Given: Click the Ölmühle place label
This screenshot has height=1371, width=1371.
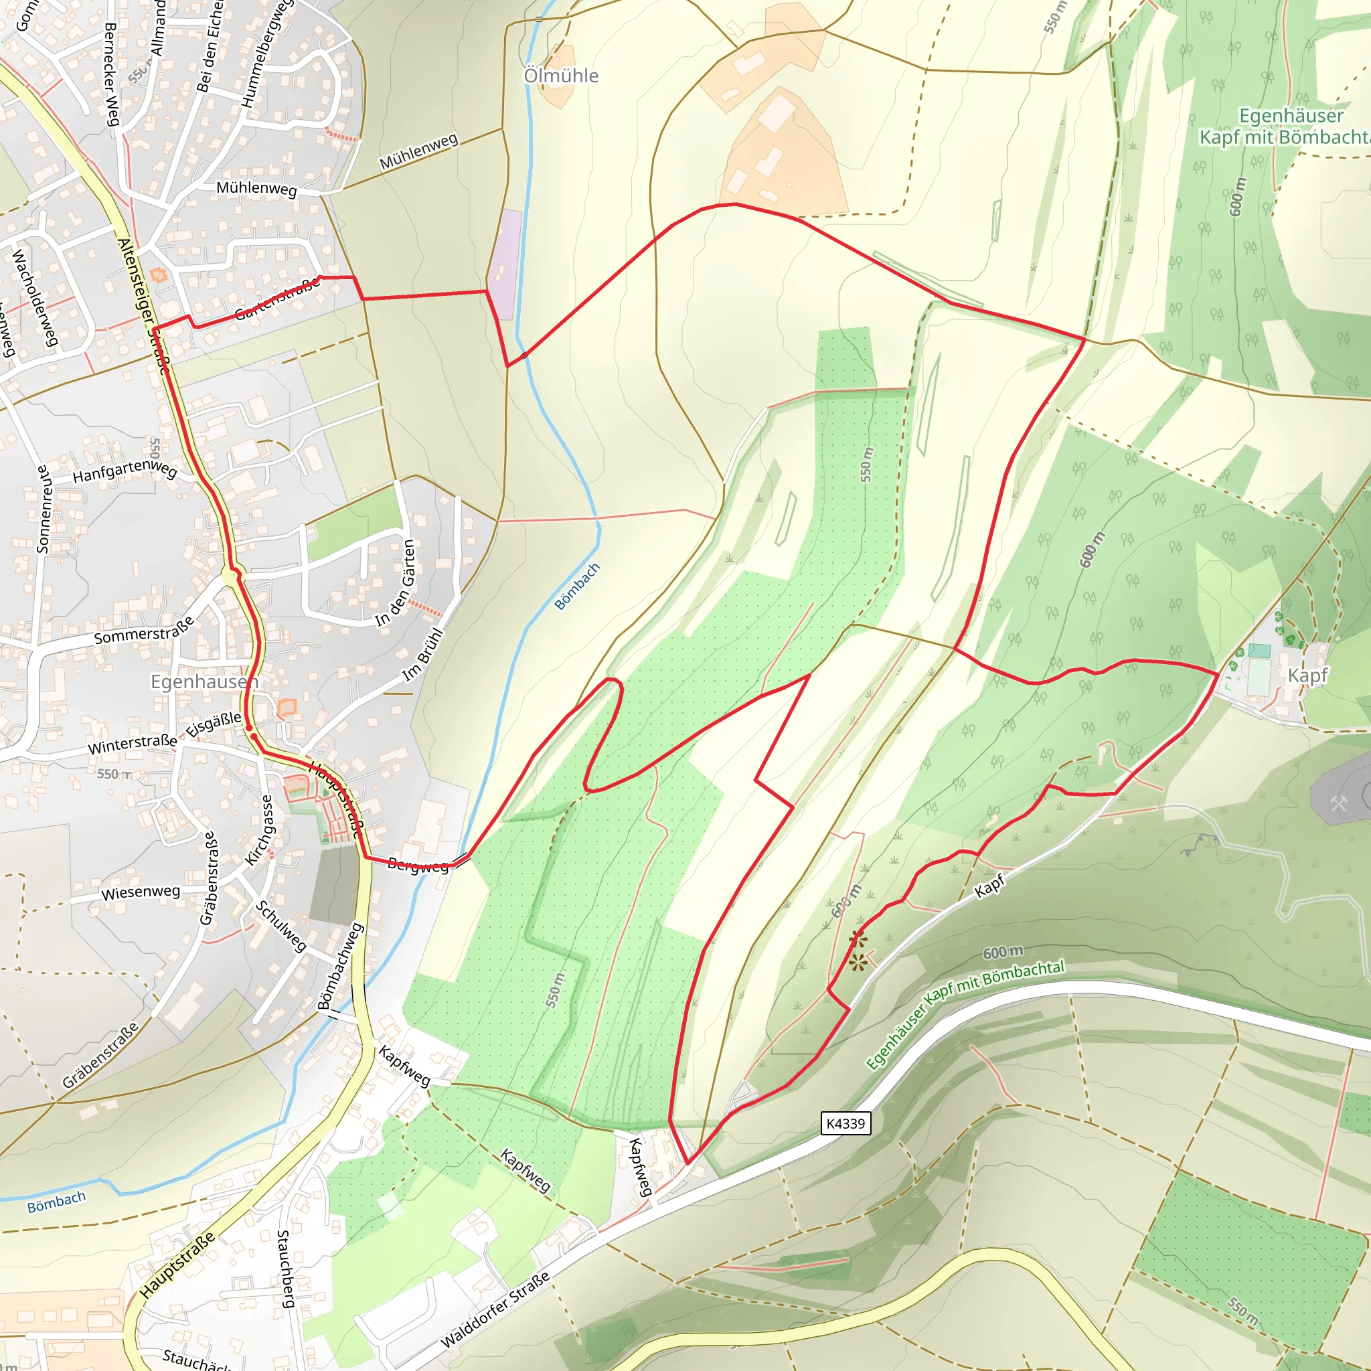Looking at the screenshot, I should tap(560, 75).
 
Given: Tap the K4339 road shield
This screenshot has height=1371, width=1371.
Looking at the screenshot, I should tap(845, 1123).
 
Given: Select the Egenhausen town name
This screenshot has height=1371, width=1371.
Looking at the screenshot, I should tap(204, 681).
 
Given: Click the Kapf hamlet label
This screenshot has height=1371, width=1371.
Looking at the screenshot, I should tap(1307, 675).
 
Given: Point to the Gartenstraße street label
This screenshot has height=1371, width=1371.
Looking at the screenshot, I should tap(277, 299).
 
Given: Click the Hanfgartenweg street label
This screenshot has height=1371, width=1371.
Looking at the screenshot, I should tap(125, 471).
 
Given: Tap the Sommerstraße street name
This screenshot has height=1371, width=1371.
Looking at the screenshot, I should tap(144, 631).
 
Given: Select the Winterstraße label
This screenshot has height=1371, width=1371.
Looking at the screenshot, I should tap(132, 744).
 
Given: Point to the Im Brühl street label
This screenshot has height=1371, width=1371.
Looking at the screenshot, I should tap(423, 655).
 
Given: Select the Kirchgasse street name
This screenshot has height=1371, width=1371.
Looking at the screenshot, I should tap(259, 829).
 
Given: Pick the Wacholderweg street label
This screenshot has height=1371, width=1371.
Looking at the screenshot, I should tap(34, 297).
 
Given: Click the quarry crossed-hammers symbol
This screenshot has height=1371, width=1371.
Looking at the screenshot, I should tap(1338, 804).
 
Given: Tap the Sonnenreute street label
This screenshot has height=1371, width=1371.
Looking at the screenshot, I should tap(44, 509).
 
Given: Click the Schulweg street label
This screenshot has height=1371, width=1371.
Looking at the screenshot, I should tap(281, 926).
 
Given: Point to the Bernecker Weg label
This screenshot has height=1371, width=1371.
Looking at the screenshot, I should tap(111, 74).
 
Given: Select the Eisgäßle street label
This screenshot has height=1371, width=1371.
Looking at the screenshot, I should tap(214, 725).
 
